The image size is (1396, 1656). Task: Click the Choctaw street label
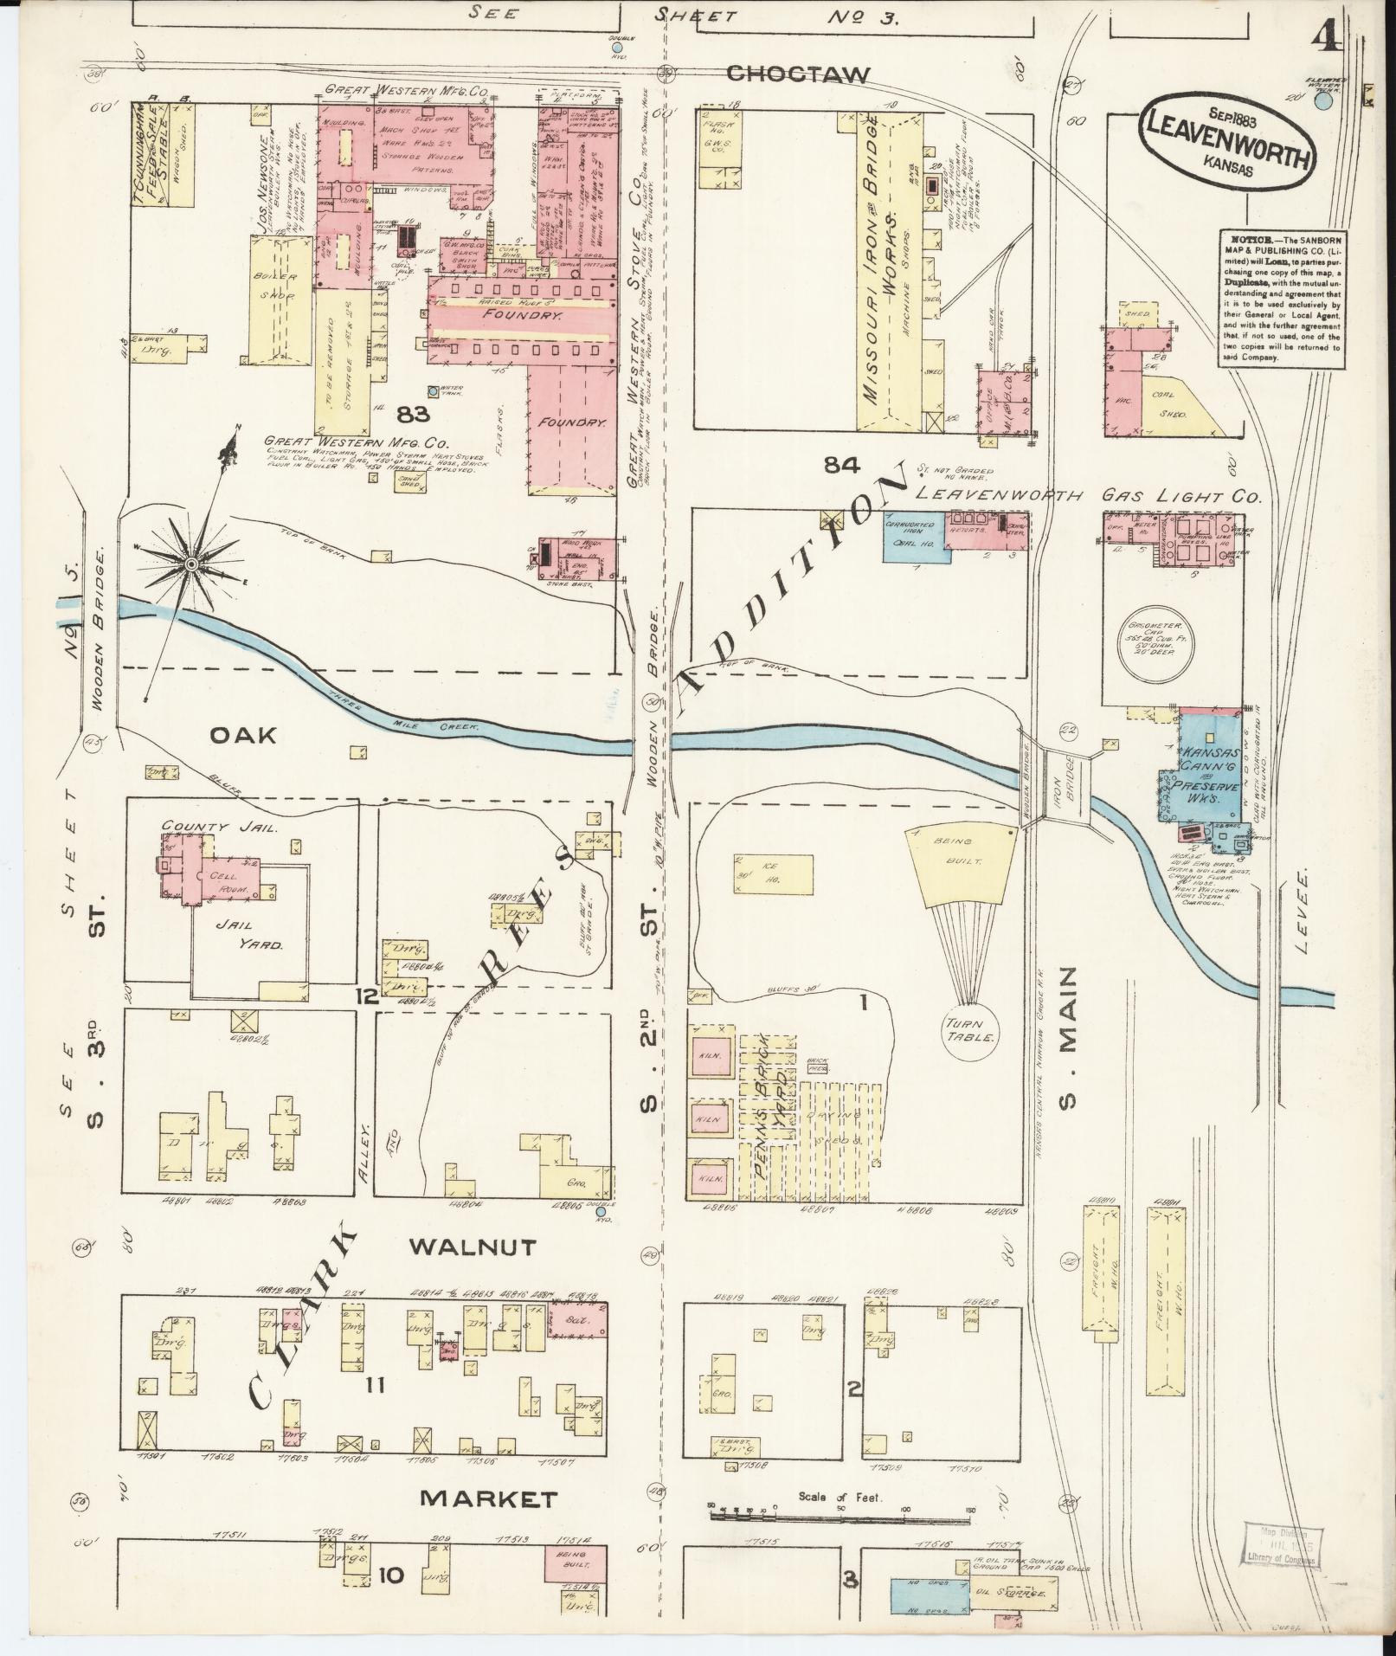point(797,74)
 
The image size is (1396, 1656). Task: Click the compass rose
point(190,564)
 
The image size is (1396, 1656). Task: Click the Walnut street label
point(473,1247)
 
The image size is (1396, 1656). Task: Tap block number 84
point(842,467)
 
